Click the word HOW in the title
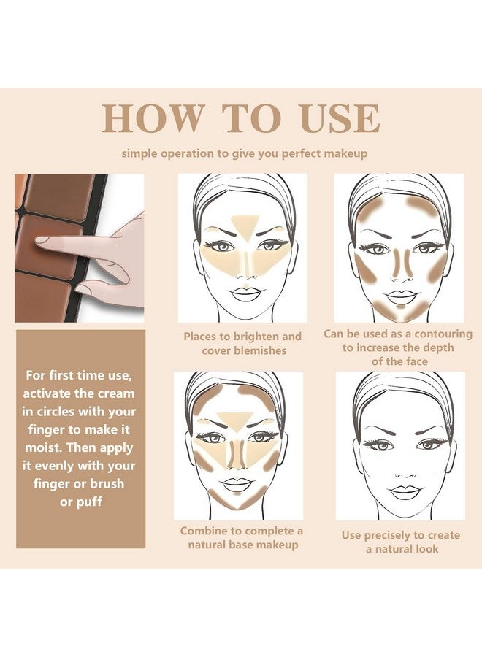tap(153, 118)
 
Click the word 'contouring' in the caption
tap(443, 334)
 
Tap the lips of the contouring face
tap(401, 296)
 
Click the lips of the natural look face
tap(404, 492)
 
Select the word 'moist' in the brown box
tap(43, 448)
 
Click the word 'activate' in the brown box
tap(47, 394)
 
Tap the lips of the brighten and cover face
tap(245, 294)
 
